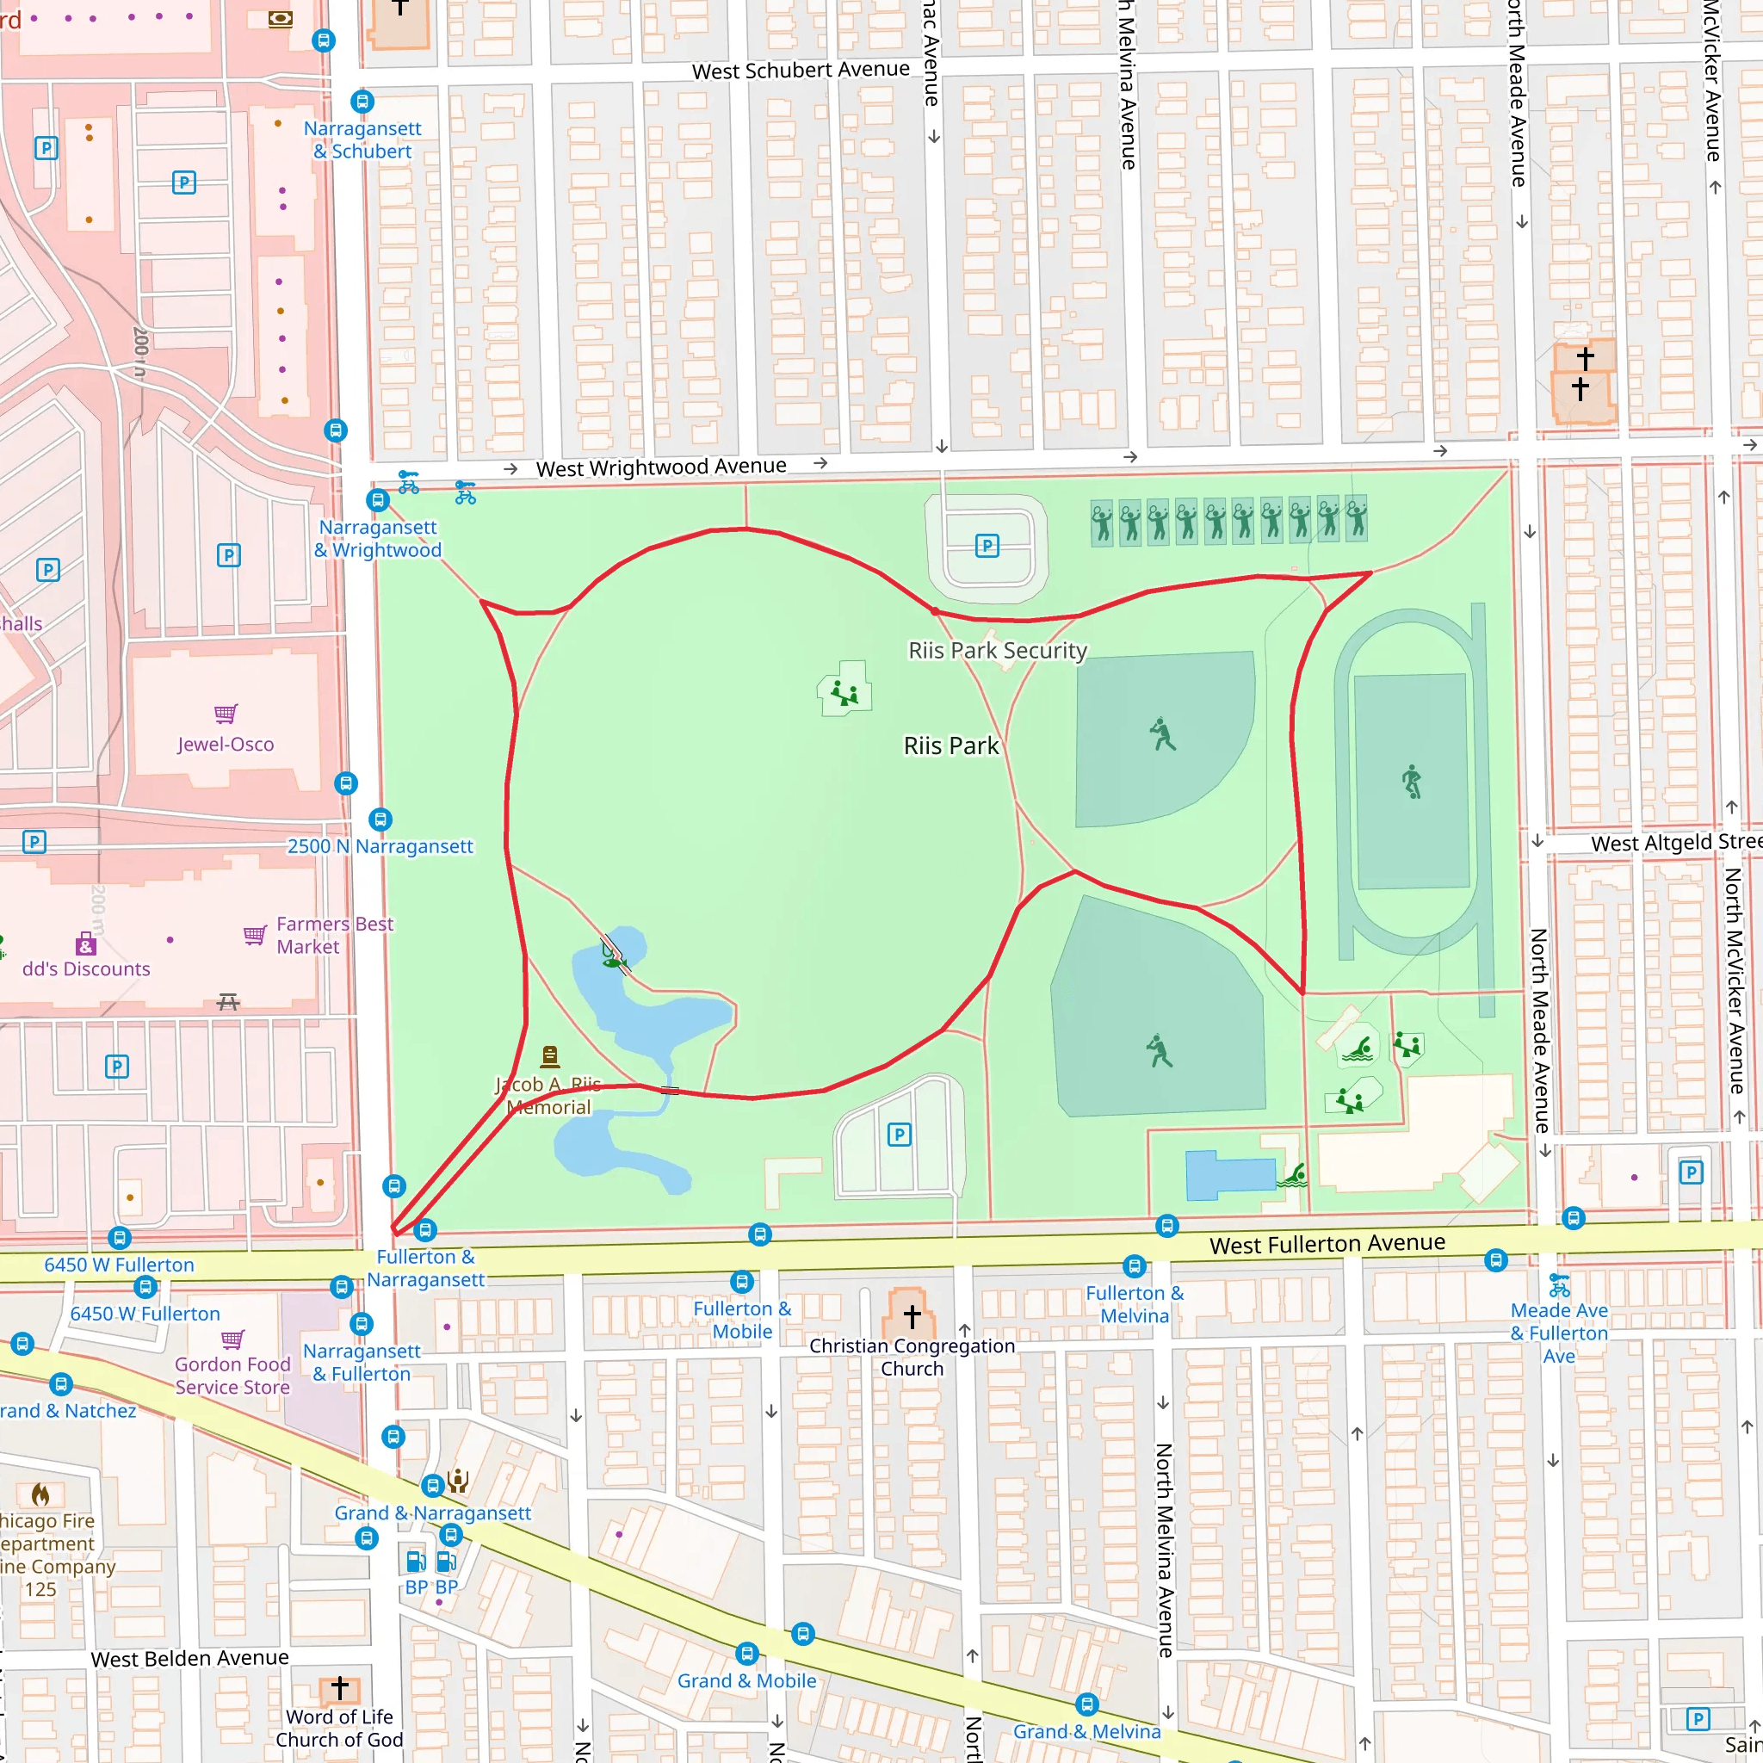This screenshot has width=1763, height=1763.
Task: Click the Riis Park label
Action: pos(951,745)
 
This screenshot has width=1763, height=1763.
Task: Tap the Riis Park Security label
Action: pos(998,650)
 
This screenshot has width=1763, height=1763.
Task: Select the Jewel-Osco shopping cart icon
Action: pos(226,713)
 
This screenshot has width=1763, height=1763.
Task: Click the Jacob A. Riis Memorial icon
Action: pos(549,1055)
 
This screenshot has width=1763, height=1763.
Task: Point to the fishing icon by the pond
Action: pos(613,957)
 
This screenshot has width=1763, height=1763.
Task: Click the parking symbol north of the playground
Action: pos(987,546)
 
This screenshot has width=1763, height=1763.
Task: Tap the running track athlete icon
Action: pos(1412,781)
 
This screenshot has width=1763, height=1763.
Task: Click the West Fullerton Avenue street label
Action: pos(1327,1243)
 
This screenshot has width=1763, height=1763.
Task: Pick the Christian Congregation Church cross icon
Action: pos(911,1316)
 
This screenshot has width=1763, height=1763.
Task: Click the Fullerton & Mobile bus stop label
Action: pos(742,1320)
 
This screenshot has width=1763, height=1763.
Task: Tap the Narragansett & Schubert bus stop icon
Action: pos(362,102)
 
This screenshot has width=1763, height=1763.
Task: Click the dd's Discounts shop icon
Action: pos(86,943)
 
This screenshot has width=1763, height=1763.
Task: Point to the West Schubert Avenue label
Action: pos(801,71)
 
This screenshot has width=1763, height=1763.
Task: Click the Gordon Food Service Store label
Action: pos(232,1375)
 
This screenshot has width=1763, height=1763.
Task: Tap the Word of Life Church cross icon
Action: pos(339,1689)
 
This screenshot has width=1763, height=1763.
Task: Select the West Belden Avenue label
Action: pos(189,1658)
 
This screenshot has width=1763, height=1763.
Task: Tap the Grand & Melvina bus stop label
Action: pos(1087,1731)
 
